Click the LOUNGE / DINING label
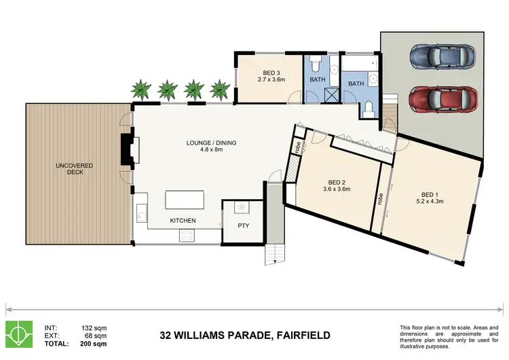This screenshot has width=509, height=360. coord(205,146)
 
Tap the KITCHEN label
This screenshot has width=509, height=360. coord(183,221)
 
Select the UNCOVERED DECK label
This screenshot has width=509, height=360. coord(75,170)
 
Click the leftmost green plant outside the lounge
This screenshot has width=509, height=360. coord(141,89)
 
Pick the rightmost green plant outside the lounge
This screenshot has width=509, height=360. coord(219,89)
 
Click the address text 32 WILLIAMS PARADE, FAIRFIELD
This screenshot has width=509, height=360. coord(245,335)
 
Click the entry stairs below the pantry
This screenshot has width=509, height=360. coord(274,254)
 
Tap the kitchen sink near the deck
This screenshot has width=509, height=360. coord(141,213)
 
